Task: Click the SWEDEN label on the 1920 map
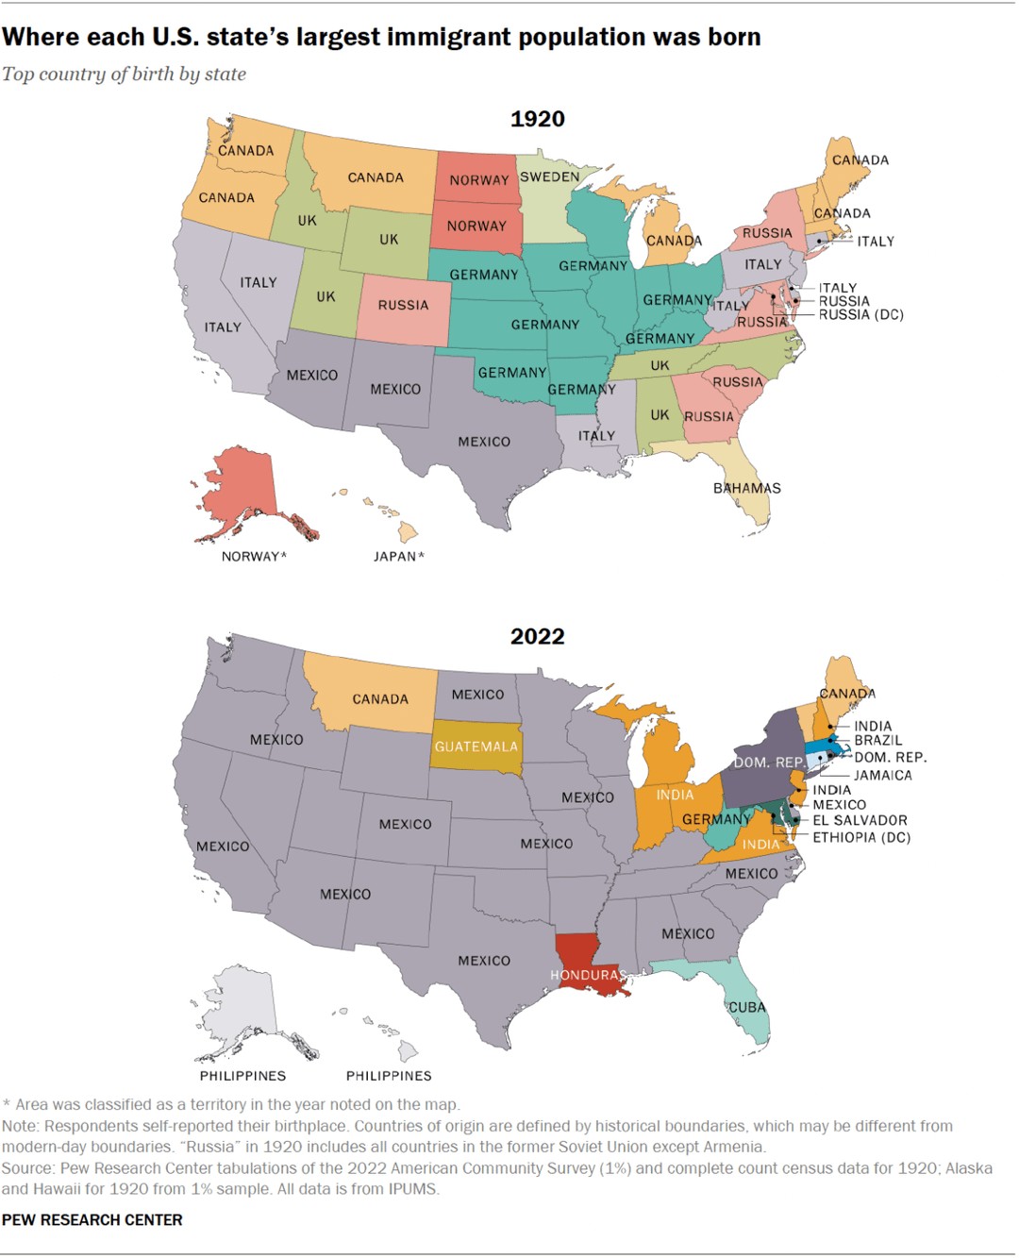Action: [549, 176]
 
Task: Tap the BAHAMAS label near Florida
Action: [746, 488]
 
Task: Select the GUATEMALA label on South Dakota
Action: [476, 746]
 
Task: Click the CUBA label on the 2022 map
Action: [747, 1007]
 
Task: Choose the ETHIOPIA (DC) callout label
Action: [861, 837]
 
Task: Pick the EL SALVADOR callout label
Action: [860, 820]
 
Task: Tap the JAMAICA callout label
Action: [883, 775]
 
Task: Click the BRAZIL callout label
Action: [878, 740]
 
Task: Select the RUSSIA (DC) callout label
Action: [860, 314]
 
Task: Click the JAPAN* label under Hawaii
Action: [398, 556]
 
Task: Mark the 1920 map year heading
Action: [537, 119]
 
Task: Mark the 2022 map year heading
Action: [537, 636]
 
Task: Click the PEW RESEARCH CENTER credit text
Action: [92, 1219]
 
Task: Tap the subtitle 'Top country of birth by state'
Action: [124, 74]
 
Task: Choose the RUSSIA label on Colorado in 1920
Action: [403, 305]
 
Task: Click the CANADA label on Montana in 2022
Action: [380, 699]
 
